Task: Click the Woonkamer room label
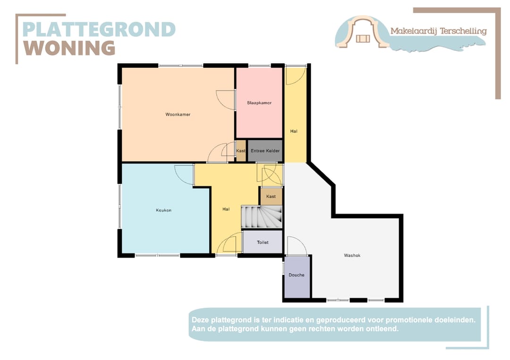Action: coord(178,114)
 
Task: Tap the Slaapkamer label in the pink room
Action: coord(259,103)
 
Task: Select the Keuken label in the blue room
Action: coord(163,210)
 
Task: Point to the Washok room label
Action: coord(352,255)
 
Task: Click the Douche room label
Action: coord(297,275)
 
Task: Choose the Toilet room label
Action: coord(263,243)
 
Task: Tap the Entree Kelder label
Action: coord(265,151)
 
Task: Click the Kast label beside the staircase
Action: coord(271,196)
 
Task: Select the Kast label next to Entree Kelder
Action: coord(241,151)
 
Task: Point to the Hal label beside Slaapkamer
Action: coord(294,131)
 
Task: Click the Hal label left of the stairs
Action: coord(226,209)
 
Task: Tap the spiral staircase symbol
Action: coord(262,217)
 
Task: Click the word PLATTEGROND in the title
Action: coord(99,30)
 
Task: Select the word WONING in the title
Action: coord(69,48)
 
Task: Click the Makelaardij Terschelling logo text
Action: coord(438,31)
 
